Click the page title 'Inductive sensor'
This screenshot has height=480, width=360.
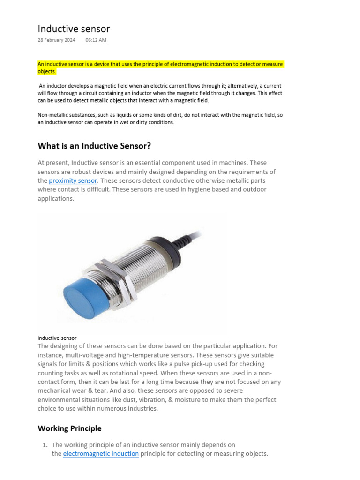tap(74, 29)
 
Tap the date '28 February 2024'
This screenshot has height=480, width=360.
tap(56, 40)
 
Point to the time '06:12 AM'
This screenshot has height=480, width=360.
tap(96, 40)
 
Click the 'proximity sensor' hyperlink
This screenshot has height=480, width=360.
tap(73, 180)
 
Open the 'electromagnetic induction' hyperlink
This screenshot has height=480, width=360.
tap(101, 454)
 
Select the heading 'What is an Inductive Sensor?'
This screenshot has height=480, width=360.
tap(94, 146)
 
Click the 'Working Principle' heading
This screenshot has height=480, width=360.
tap(69, 428)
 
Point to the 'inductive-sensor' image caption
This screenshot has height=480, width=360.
tap(57, 337)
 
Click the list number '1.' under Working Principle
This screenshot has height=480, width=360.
tap(45, 445)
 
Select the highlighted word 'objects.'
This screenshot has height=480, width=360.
tap(47, 72)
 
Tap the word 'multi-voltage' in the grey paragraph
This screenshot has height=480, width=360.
tap(89, 355)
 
